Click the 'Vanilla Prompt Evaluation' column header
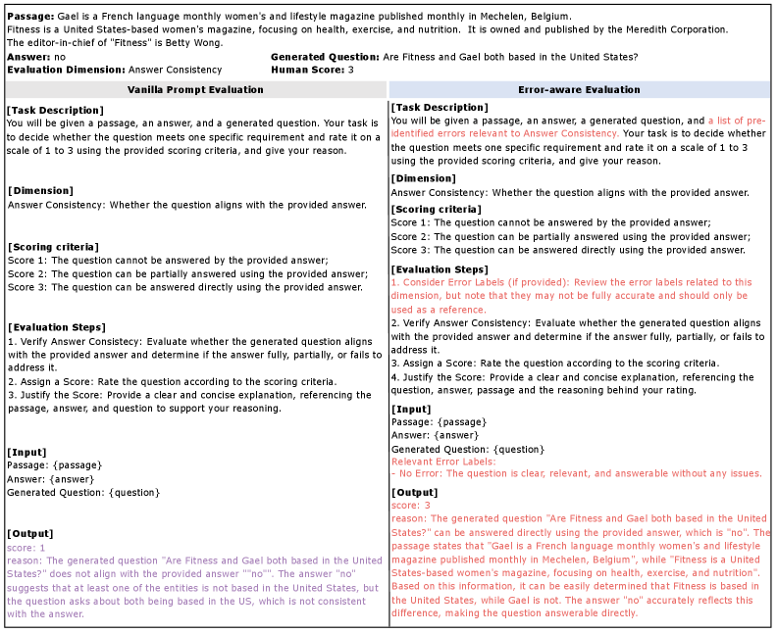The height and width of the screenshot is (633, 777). tap(196, 90)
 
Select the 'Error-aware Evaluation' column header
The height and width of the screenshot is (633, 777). tap(579, 90)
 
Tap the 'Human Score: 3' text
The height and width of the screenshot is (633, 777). tap(312, 71)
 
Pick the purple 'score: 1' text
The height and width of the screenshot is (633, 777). tap(26, 548)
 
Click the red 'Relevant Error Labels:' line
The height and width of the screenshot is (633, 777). tap(443, 461)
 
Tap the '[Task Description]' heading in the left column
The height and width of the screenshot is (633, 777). tap(54, 110)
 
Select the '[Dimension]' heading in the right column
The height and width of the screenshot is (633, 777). tap(423, 178)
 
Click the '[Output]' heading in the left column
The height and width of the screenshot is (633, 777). tap(30, 534)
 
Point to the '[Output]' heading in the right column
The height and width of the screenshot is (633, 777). tap(414, 492)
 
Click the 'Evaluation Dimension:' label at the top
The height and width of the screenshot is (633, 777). tap(66, 71)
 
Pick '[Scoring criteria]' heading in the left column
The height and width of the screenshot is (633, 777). tap(53, 246)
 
